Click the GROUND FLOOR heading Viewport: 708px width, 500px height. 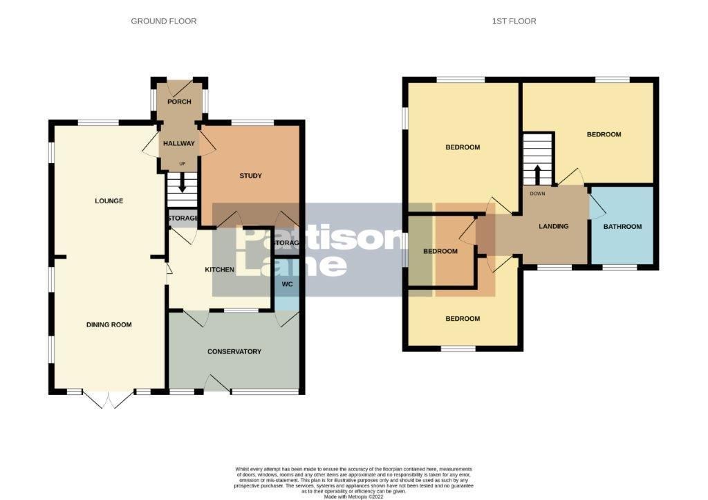click(x=164, y=21)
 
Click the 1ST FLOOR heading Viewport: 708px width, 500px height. click(x=514, y=21)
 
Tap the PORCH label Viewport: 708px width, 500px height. click(x=179, y=102)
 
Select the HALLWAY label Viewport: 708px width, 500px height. click(x=179, y=144)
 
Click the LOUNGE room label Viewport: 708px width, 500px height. click(x=109, y=201)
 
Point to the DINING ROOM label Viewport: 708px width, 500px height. click(x=109, y=324)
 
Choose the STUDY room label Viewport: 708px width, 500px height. click(x=250, y=176)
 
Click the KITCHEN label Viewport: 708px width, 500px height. click(x=219, y=270)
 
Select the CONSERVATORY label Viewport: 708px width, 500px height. click(x=234, y=351)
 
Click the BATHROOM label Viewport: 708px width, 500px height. click(x=622, y=227)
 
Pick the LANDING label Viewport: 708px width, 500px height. click(x=554, y=226)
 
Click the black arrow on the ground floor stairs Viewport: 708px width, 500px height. click(x=183, y=184)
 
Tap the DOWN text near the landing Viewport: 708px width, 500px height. click(x=538, y=194)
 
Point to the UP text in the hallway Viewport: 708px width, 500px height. click(x=183, y=164)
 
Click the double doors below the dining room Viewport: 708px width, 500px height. click(x=108, y=398)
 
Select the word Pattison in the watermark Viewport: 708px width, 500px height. click(x=318, y=239)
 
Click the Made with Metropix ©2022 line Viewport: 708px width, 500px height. click(x=353, y=495)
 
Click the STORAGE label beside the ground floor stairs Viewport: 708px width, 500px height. click(x=183, y=219)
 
